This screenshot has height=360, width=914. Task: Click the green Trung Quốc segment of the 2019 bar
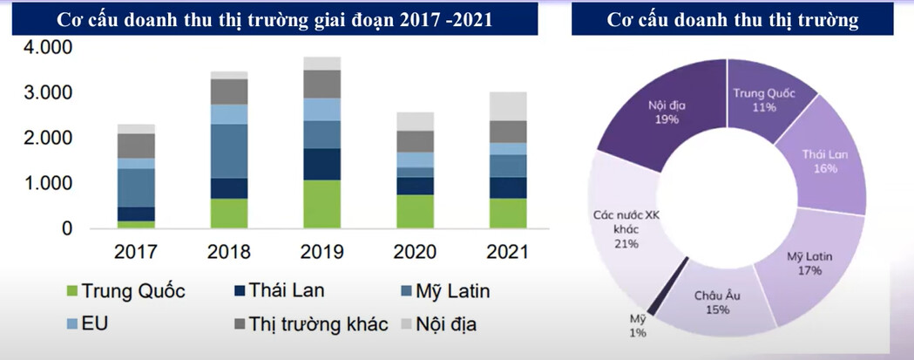coord(323,204)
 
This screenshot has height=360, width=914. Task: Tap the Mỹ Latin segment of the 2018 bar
coord(230,151)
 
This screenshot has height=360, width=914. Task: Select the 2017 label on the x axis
coord(136,253)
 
